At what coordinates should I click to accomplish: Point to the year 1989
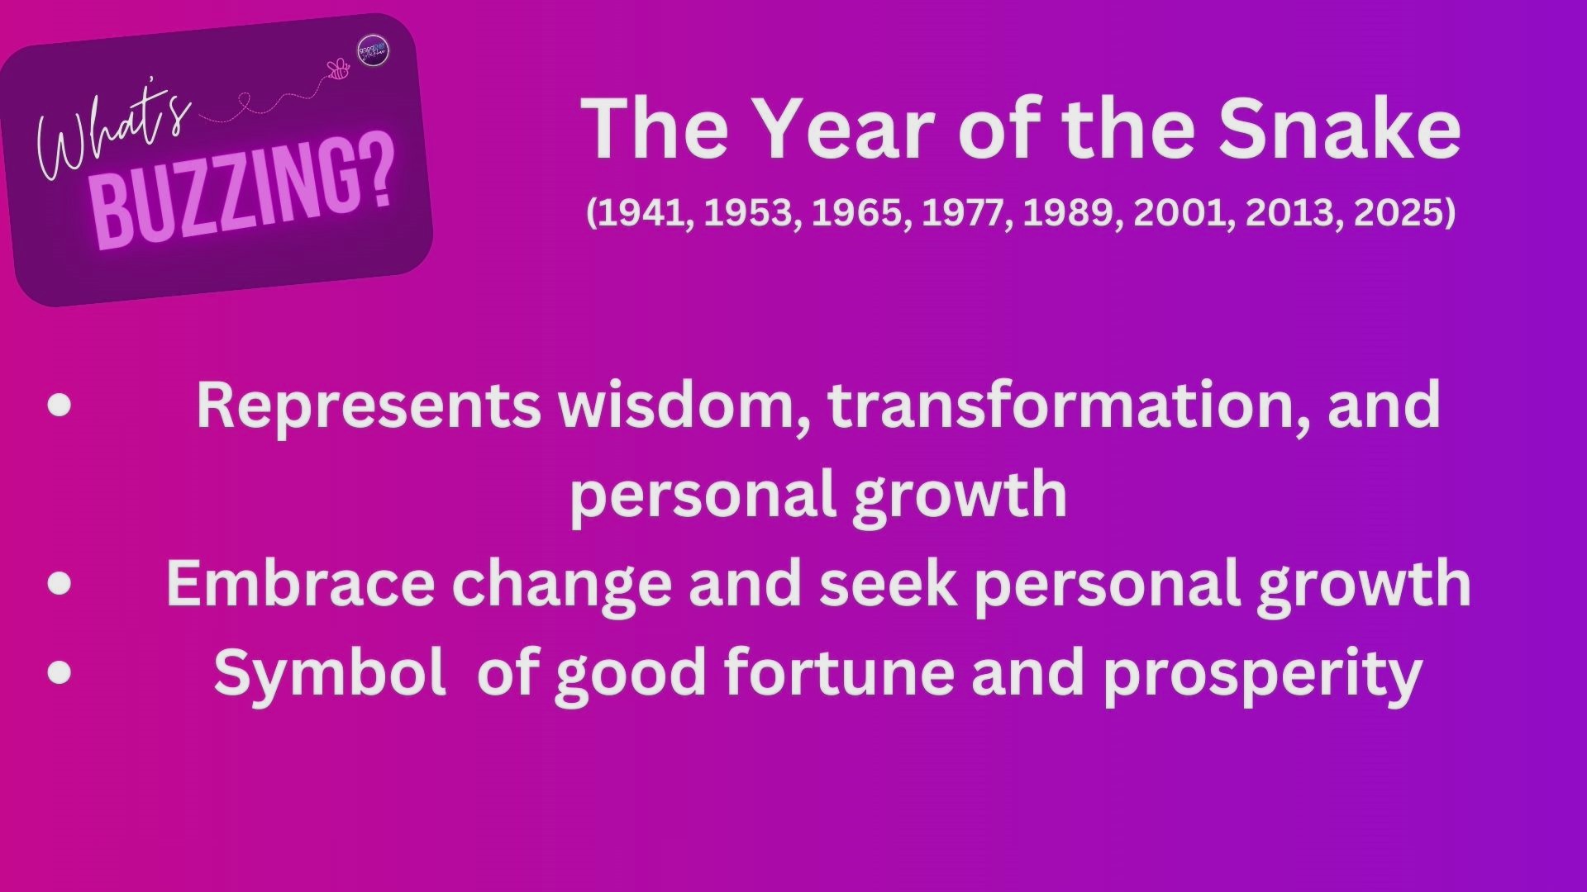1071,213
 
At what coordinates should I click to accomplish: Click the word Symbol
330,672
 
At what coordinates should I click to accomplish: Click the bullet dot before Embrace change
60,584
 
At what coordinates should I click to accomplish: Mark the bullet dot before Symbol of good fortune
60,672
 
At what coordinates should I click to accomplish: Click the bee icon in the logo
339,70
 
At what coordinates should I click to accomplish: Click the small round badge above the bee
373,51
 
